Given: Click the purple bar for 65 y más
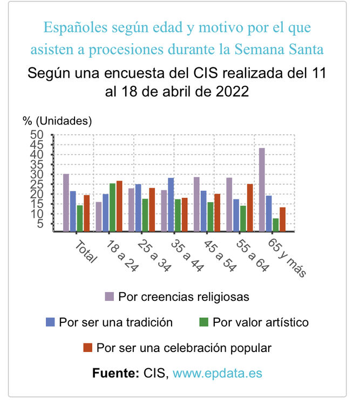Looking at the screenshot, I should click(262, 190).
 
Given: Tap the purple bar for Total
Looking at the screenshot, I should click(66, 203).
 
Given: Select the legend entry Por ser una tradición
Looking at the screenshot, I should click(110, 322).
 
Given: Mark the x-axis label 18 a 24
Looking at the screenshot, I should click(117, 252).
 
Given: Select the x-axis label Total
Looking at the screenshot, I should click(84, 251).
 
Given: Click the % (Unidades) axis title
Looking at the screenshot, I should click(57, 121).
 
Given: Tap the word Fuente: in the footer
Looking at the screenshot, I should click(116, 373).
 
